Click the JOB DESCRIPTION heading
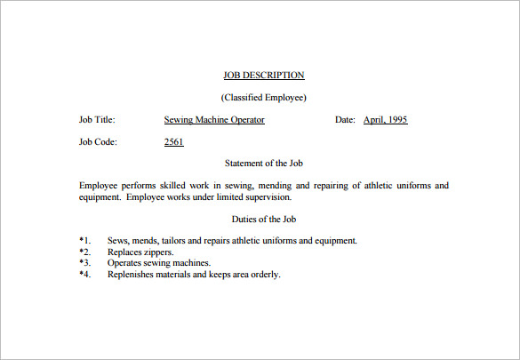coord(263,75)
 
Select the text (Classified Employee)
coord(263,97)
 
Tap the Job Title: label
coord(97,119)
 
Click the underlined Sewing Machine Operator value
coord(214,119)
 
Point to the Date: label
coord(345,119)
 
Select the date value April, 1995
coord(385,119)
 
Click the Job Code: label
coord(98,141)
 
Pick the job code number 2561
coord(174,141)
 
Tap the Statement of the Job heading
coord(263,163)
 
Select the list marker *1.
coord(85,240)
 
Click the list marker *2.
coord(85,252)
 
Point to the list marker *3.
coord(85,263)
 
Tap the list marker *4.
coord(85,275)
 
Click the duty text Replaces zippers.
coord(140,252)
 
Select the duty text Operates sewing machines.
coord(159,263)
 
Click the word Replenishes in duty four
coord(131,275)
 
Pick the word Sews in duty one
coord(118,240)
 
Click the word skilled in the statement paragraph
coord(196,185)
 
